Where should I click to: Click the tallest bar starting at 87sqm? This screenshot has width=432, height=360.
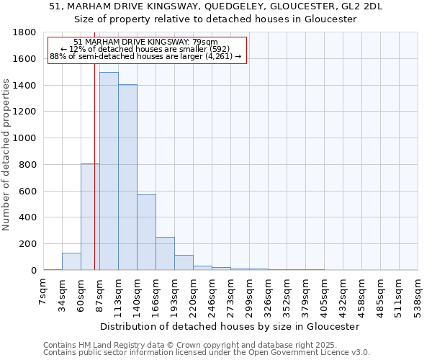[x=109, y=171]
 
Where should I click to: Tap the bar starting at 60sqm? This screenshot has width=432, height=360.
[x=90, y=217]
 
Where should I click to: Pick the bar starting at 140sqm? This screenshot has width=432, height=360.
[x=146, y=232]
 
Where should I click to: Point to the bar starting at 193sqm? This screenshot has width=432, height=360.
[x=184, y=263]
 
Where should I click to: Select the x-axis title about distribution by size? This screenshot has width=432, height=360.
[x=230, y=326]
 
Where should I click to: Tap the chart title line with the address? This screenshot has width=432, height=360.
[x=216, y=6]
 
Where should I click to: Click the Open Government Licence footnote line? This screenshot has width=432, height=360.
[x=207, y=353]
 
